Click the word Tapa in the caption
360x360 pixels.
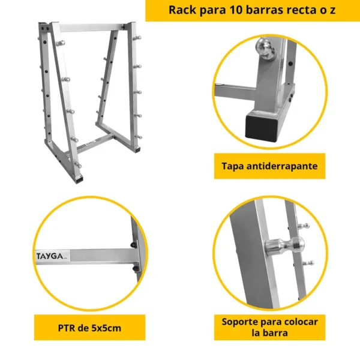(233, 167)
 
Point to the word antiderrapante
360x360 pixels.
(282, 166)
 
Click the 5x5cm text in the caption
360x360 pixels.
(106, 328)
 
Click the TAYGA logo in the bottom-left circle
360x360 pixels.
(51, 256)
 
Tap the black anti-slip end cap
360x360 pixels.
(260, 127)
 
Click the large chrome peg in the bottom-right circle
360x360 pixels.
(284, 245)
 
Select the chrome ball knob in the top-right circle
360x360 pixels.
(265, 48)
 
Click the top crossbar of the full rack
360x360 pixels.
(92, 28)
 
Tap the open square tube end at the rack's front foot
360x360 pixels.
(79, 179)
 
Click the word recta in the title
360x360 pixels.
(301, 10)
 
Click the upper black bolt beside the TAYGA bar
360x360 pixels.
(133, 245)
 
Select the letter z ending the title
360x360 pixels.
(332, 11)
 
